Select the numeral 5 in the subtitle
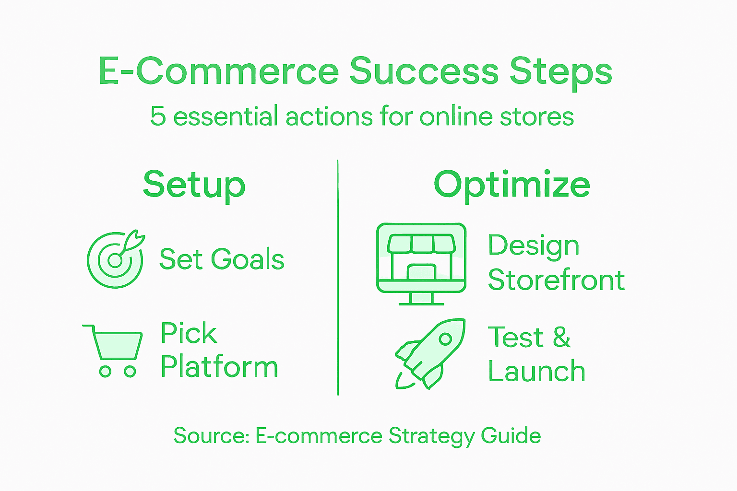click(158, 117)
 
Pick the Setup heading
click(194, 185)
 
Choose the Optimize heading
click(511, 185)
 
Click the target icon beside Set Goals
click(115, 259)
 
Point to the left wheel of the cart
click(105, 371)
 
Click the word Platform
click(219, 367)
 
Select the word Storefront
click(556, 280)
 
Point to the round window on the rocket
click(445, 339)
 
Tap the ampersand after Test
click(561, 337)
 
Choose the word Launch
click(536, 372)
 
